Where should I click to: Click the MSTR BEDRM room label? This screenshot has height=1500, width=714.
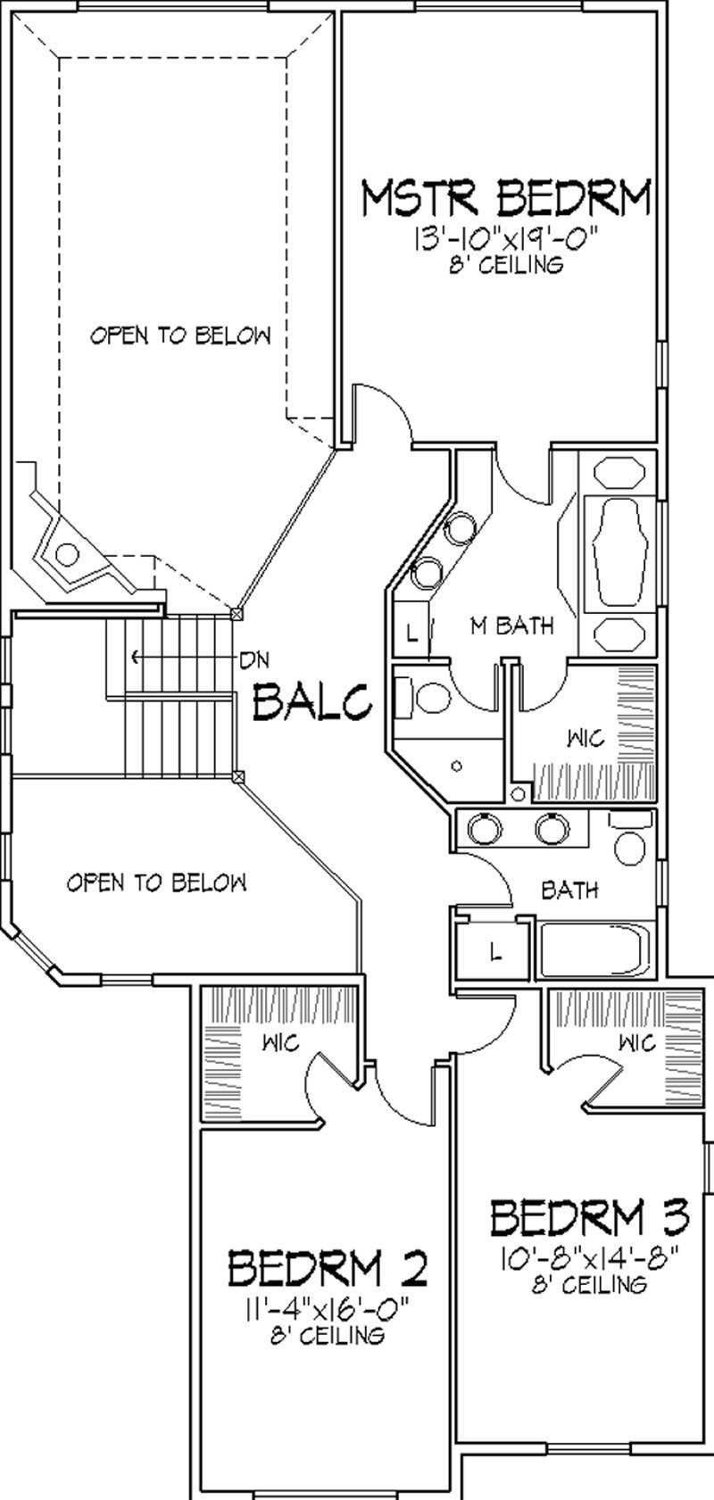coord(505,199)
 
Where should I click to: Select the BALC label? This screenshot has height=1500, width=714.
coord(312,700)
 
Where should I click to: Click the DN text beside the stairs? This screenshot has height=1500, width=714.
coord(254,659)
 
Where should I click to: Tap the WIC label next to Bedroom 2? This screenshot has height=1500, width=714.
coord(280,1041)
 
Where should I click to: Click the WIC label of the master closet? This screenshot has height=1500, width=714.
coord(585,739)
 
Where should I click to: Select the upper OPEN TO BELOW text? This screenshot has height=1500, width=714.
coord(180,336)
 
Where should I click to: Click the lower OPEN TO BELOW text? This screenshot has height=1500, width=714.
coord(157,883)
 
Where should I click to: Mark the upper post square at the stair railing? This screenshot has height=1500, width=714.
coord(237,614)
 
